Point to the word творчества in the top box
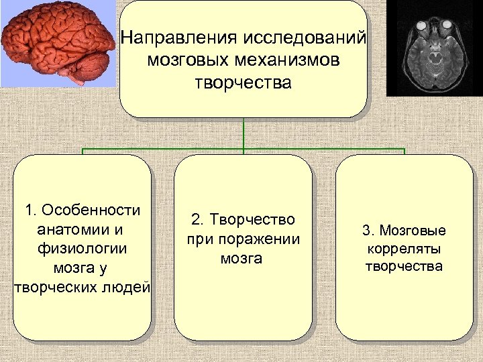(x=244, y=83)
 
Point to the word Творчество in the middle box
(x=253, y=220)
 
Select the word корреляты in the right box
(x=404, y=249)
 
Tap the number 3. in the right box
(x=369, y=231)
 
